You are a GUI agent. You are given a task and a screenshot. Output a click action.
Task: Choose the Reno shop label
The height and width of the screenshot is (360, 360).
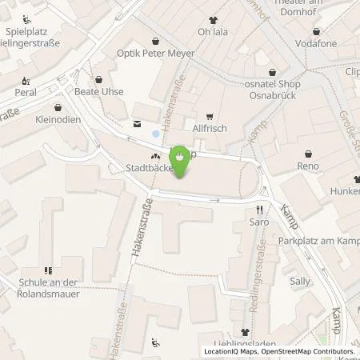pyautogui.click(x=308, y=166)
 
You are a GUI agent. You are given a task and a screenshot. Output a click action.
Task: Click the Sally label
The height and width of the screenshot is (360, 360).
pyautogui.click(x=300, y=281)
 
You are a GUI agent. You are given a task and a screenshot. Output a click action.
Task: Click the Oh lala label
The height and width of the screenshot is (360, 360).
pyautogui.click(x=212, y=34)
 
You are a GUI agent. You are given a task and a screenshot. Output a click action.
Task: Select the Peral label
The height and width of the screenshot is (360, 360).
pyautogui.click(x=26, y=93)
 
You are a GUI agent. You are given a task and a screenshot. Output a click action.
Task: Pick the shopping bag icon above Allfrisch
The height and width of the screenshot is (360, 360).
pyautogui.click(x=210, y=116)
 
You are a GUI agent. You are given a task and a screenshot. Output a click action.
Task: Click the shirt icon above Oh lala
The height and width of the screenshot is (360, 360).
pyautogui.click(x=212, y=21)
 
